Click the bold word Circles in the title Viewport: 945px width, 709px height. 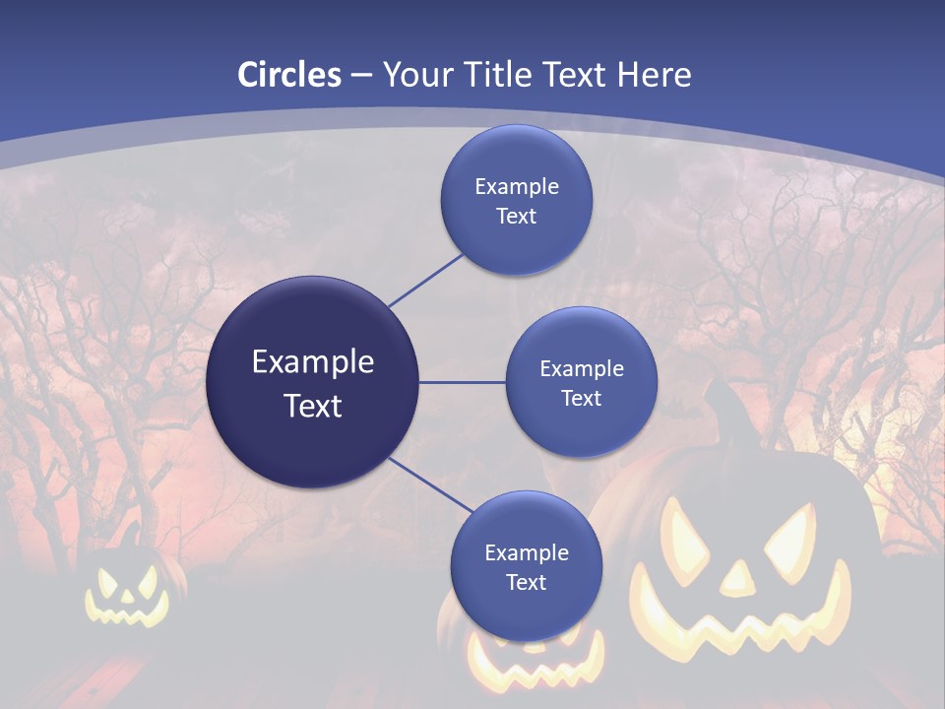point(289,75)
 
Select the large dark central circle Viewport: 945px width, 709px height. point(313,382)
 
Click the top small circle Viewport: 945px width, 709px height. point(517,200)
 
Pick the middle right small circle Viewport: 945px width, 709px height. point(582,382)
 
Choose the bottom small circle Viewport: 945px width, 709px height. point(526,566)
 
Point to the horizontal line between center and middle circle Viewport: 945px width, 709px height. point(463,382)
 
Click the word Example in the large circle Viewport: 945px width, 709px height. point(313,361)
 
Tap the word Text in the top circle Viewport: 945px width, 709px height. point(517,216)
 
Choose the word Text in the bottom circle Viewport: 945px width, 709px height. point(526,582)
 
